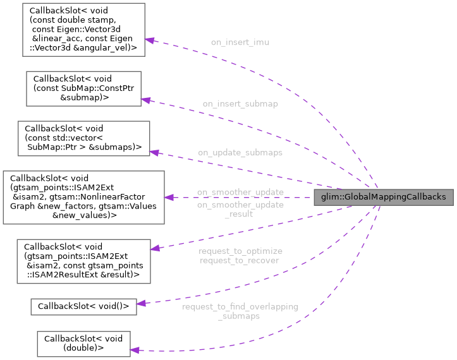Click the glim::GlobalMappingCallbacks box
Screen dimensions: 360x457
pyautogui.click(x=384, y=197)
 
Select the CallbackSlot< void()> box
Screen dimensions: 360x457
pyautogui.click(x=80, y=306)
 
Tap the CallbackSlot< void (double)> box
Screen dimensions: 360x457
pyautogui.click(x=83, y=342)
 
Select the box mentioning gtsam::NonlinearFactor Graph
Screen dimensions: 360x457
pyautogui.click(x=83, y=197)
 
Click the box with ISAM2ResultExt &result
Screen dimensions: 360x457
pyautogui.click(x=83, y=260)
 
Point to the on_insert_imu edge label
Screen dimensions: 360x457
pyautogui.click(x=240, y=42)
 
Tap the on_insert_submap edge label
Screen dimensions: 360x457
pyautogui.click(x=240, y=103)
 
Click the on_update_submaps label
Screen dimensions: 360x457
pyautogui.click(x=240, y=152)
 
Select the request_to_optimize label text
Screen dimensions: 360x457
pyautogui.click(x=240, y=251)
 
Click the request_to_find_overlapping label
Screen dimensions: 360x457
pyautogui.click(x=240, y=306)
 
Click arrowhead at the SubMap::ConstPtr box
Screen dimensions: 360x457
pyautogui.click(x=145, y=100)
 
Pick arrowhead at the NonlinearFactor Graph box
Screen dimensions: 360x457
pyautogui.click(x=169, y=197)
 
